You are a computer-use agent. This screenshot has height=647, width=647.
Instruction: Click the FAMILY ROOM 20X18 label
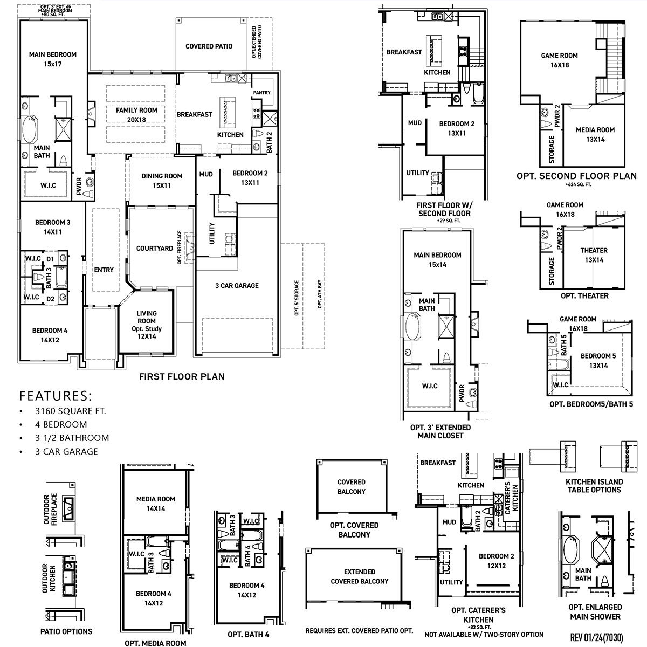point(136,115)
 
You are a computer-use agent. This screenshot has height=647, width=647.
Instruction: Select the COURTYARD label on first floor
point(155,249)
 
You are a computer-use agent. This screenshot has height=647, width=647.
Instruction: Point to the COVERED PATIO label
point(209,46)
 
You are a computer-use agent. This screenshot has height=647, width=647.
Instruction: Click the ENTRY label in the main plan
point(104,270)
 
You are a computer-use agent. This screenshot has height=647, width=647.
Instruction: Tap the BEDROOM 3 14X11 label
point(52,227)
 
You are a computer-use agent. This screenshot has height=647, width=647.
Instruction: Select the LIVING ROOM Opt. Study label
point(146,325)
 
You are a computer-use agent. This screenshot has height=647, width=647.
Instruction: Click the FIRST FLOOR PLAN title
point(182,377)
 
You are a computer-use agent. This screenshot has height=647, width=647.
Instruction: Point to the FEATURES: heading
point(56,396)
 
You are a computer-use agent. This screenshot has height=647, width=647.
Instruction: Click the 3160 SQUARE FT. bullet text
point(71,411)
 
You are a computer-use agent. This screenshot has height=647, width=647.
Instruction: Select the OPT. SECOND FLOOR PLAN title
point(576,176)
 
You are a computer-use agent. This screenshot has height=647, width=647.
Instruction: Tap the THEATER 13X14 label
point(594,255)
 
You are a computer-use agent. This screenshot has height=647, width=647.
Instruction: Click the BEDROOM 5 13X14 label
point(598,361)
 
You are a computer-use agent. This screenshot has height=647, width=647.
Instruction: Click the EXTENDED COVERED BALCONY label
point(360,576)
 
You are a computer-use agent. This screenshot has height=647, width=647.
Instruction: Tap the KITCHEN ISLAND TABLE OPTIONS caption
point(594,486)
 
